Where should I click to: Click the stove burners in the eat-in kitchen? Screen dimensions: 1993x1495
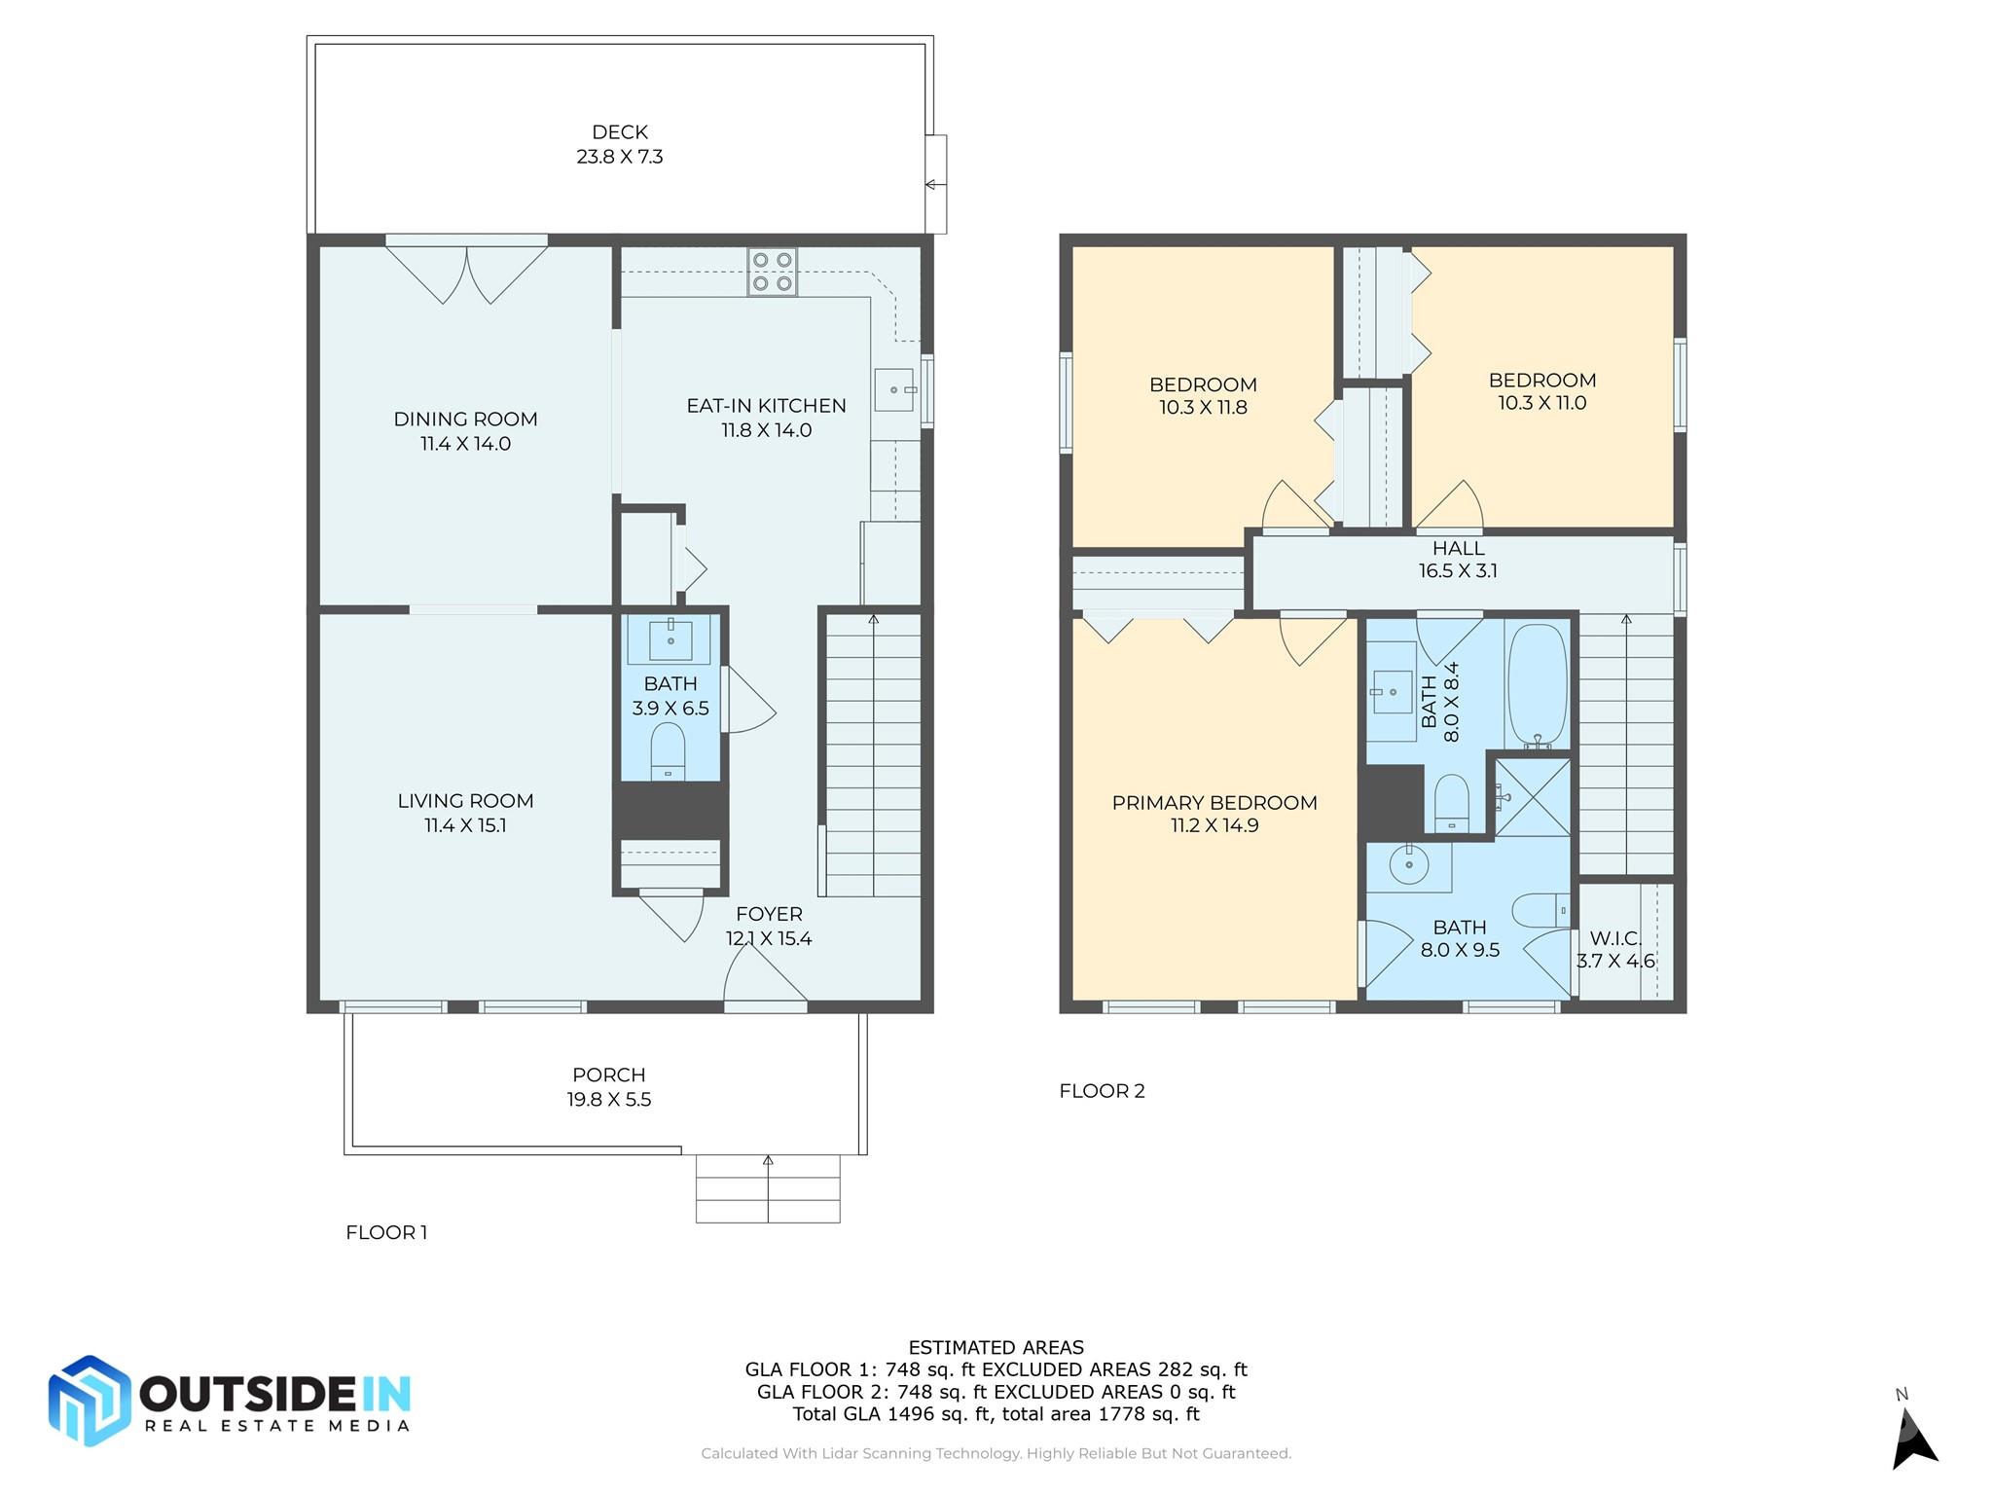773,272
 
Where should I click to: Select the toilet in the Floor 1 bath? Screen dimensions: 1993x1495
668,750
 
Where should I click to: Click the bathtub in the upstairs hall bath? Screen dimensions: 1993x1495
1538,685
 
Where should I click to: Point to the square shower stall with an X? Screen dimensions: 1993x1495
1533,797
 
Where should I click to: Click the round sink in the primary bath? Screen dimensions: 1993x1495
1408,863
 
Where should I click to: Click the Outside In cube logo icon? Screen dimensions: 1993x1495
90,1400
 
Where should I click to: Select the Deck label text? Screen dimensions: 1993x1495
620,131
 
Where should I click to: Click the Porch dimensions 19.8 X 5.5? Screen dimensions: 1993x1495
609,1100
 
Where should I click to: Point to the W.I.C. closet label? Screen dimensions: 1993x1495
1615,938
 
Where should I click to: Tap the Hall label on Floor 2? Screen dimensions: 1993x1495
1458,549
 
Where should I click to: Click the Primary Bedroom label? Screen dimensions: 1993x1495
1214,803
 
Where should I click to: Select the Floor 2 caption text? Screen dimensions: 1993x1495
1102,1091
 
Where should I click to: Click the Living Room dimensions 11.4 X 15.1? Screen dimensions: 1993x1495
465,825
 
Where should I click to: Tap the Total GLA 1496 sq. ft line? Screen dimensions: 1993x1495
996,1414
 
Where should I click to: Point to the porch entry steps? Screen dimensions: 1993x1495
768,1188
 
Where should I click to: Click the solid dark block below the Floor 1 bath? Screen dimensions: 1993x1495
670,810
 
